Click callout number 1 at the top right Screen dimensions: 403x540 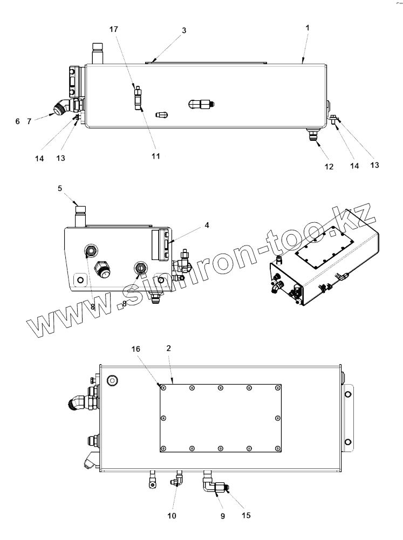pyautogui.click(x=307, y=28)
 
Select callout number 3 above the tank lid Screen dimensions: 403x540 pyautogui.click(x=184, y=31)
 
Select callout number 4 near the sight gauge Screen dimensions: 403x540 pyautogui.click(x=207, y=225)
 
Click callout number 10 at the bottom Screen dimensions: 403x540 pyautogui.click(x=172, y=516)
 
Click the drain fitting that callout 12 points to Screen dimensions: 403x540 pyautogui.click(x=313, y=134)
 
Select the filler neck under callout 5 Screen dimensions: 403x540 pyautogui.click(x=81, y=214)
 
